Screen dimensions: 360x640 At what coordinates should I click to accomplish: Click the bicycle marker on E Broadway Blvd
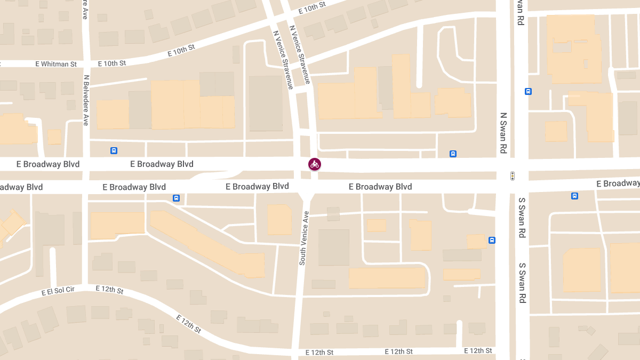click(315, 164)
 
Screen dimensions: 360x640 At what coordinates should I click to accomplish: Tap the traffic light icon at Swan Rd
click(513, 175)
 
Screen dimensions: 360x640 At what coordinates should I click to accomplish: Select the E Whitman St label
click(55, 64)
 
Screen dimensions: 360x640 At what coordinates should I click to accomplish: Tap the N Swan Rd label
click(503, 133)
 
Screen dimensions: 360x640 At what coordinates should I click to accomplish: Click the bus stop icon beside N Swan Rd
click(528, 91)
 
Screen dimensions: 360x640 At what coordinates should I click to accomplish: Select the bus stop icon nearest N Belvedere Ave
click(114, 150)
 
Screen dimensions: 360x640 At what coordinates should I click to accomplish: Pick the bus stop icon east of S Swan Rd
click(574, 196)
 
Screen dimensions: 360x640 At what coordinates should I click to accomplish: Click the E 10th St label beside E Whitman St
click(112, 63)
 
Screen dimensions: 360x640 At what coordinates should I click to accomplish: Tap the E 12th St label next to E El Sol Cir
click(109, 290)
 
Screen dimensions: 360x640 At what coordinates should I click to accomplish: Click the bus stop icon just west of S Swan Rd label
click(492, 241)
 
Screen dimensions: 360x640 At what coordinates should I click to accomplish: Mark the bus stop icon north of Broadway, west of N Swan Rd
click(453, 154)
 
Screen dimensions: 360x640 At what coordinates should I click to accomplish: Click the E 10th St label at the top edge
click(311, 9)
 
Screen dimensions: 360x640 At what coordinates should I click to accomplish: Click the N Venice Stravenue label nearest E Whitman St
click(283, 59)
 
